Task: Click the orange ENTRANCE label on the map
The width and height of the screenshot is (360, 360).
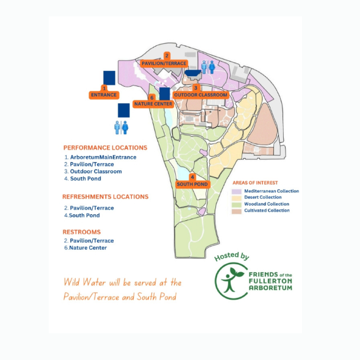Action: point(104,95)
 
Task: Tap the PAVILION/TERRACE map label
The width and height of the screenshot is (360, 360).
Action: point(164,63)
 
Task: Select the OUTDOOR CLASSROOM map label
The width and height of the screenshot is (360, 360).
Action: point(201,95)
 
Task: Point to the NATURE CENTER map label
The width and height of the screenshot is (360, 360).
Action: point(153,104)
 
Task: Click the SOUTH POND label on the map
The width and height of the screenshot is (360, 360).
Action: point(192,184)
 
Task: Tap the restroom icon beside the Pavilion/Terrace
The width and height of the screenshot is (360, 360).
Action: point(208,67)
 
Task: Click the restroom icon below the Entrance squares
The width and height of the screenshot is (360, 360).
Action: point(121,128)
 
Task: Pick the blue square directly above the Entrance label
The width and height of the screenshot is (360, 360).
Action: point(109,78)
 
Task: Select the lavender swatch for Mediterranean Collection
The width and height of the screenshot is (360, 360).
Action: point(237,191)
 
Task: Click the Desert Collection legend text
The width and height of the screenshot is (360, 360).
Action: point(263,197)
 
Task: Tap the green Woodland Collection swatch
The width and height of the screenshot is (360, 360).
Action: point(237,204)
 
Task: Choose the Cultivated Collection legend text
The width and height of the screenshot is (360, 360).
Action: point(267,211)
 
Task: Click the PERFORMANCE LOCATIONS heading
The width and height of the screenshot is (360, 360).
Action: point(106,148)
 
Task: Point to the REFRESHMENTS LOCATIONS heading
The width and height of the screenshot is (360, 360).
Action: point(106,196)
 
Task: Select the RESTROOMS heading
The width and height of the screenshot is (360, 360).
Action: point(82,232)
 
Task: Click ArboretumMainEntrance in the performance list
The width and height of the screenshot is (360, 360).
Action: point(103,157)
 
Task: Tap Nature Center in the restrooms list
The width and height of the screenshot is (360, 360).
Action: point(88,248)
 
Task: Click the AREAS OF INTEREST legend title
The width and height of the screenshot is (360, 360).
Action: point(255,183)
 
